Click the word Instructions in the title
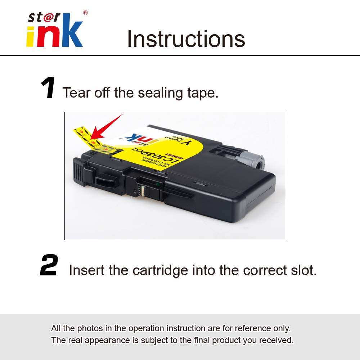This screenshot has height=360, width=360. pyautogui.click(x=186, y=39)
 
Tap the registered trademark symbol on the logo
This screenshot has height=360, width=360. pyautogui.click(x=85, y=13)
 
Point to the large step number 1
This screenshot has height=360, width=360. pyautogui.click(x=48, y=89)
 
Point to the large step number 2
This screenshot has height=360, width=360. pyautogui.click(x=49, y=266)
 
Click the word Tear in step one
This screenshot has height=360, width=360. pyautogui.click(x=76, y=93)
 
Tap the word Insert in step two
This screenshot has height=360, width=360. pyautogui.click(x=87, y=270)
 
